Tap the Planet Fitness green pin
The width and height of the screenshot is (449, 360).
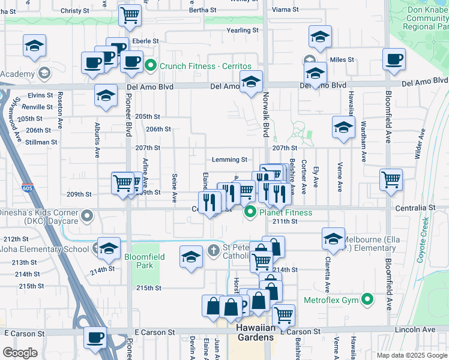coord(250,212)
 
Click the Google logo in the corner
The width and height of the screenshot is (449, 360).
coord(20,352)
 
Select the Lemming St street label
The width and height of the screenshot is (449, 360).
coord(230,160)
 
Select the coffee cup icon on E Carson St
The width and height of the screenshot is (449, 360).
coord(95,338)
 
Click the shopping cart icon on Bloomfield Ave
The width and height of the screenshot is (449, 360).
coord(391,179)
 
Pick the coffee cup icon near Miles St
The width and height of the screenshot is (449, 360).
coord(394,59)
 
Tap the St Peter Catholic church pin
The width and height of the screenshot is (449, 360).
coord(213,250)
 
